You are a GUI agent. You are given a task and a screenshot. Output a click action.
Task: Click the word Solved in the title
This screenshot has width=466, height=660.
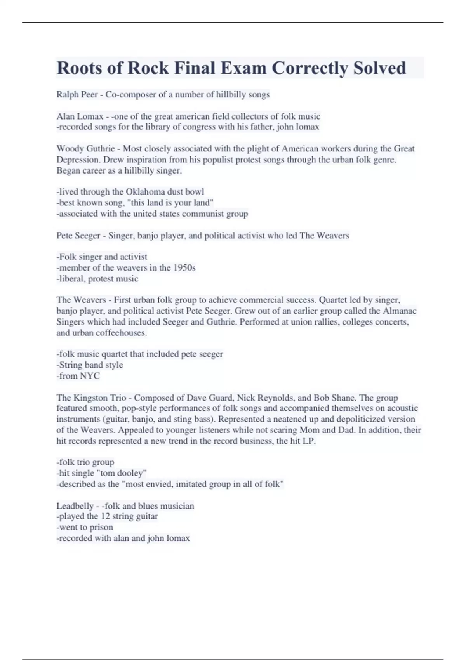coord(379,68)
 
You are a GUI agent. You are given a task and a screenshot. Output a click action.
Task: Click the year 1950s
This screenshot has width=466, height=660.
coord(184,267)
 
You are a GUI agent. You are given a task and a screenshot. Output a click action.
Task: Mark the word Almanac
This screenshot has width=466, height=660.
coord(400,311)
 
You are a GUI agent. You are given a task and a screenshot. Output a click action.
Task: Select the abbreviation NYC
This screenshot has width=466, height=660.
coord(90,376)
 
